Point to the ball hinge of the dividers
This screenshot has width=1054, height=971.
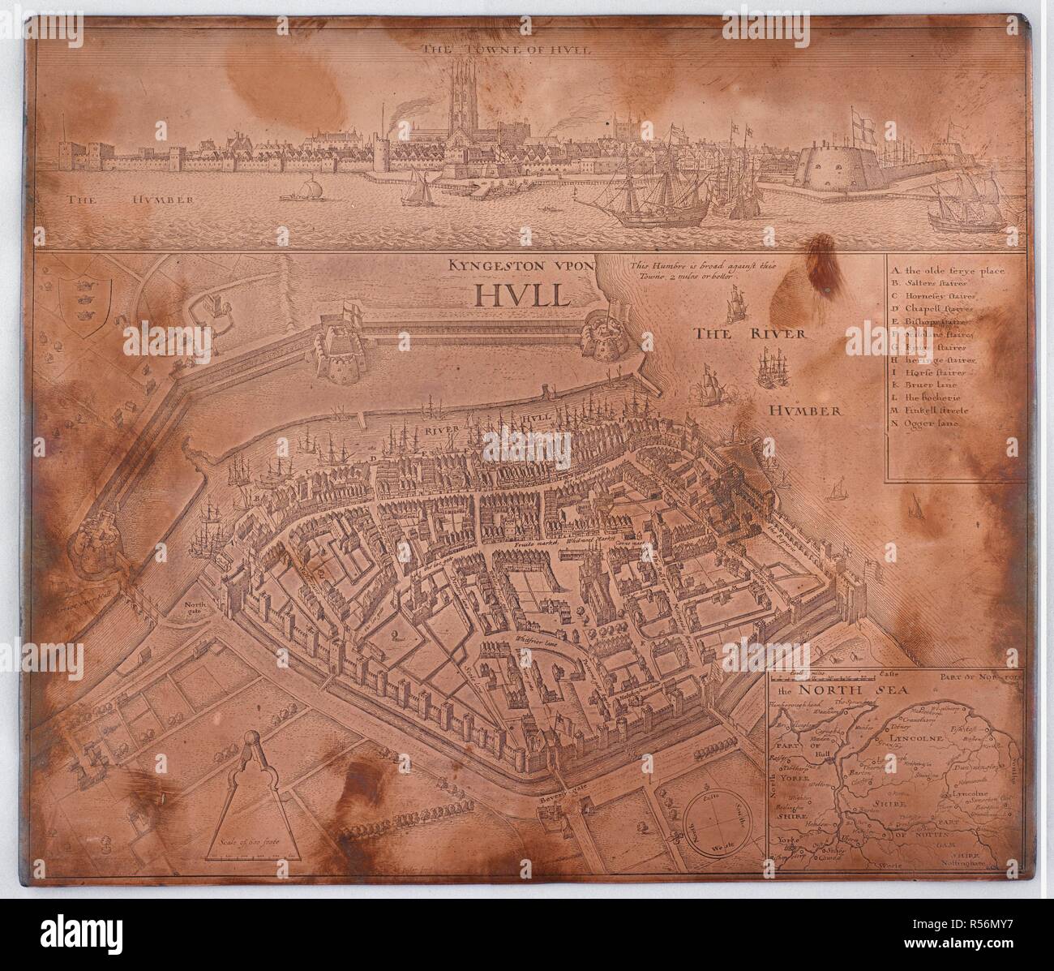[252, 738]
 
